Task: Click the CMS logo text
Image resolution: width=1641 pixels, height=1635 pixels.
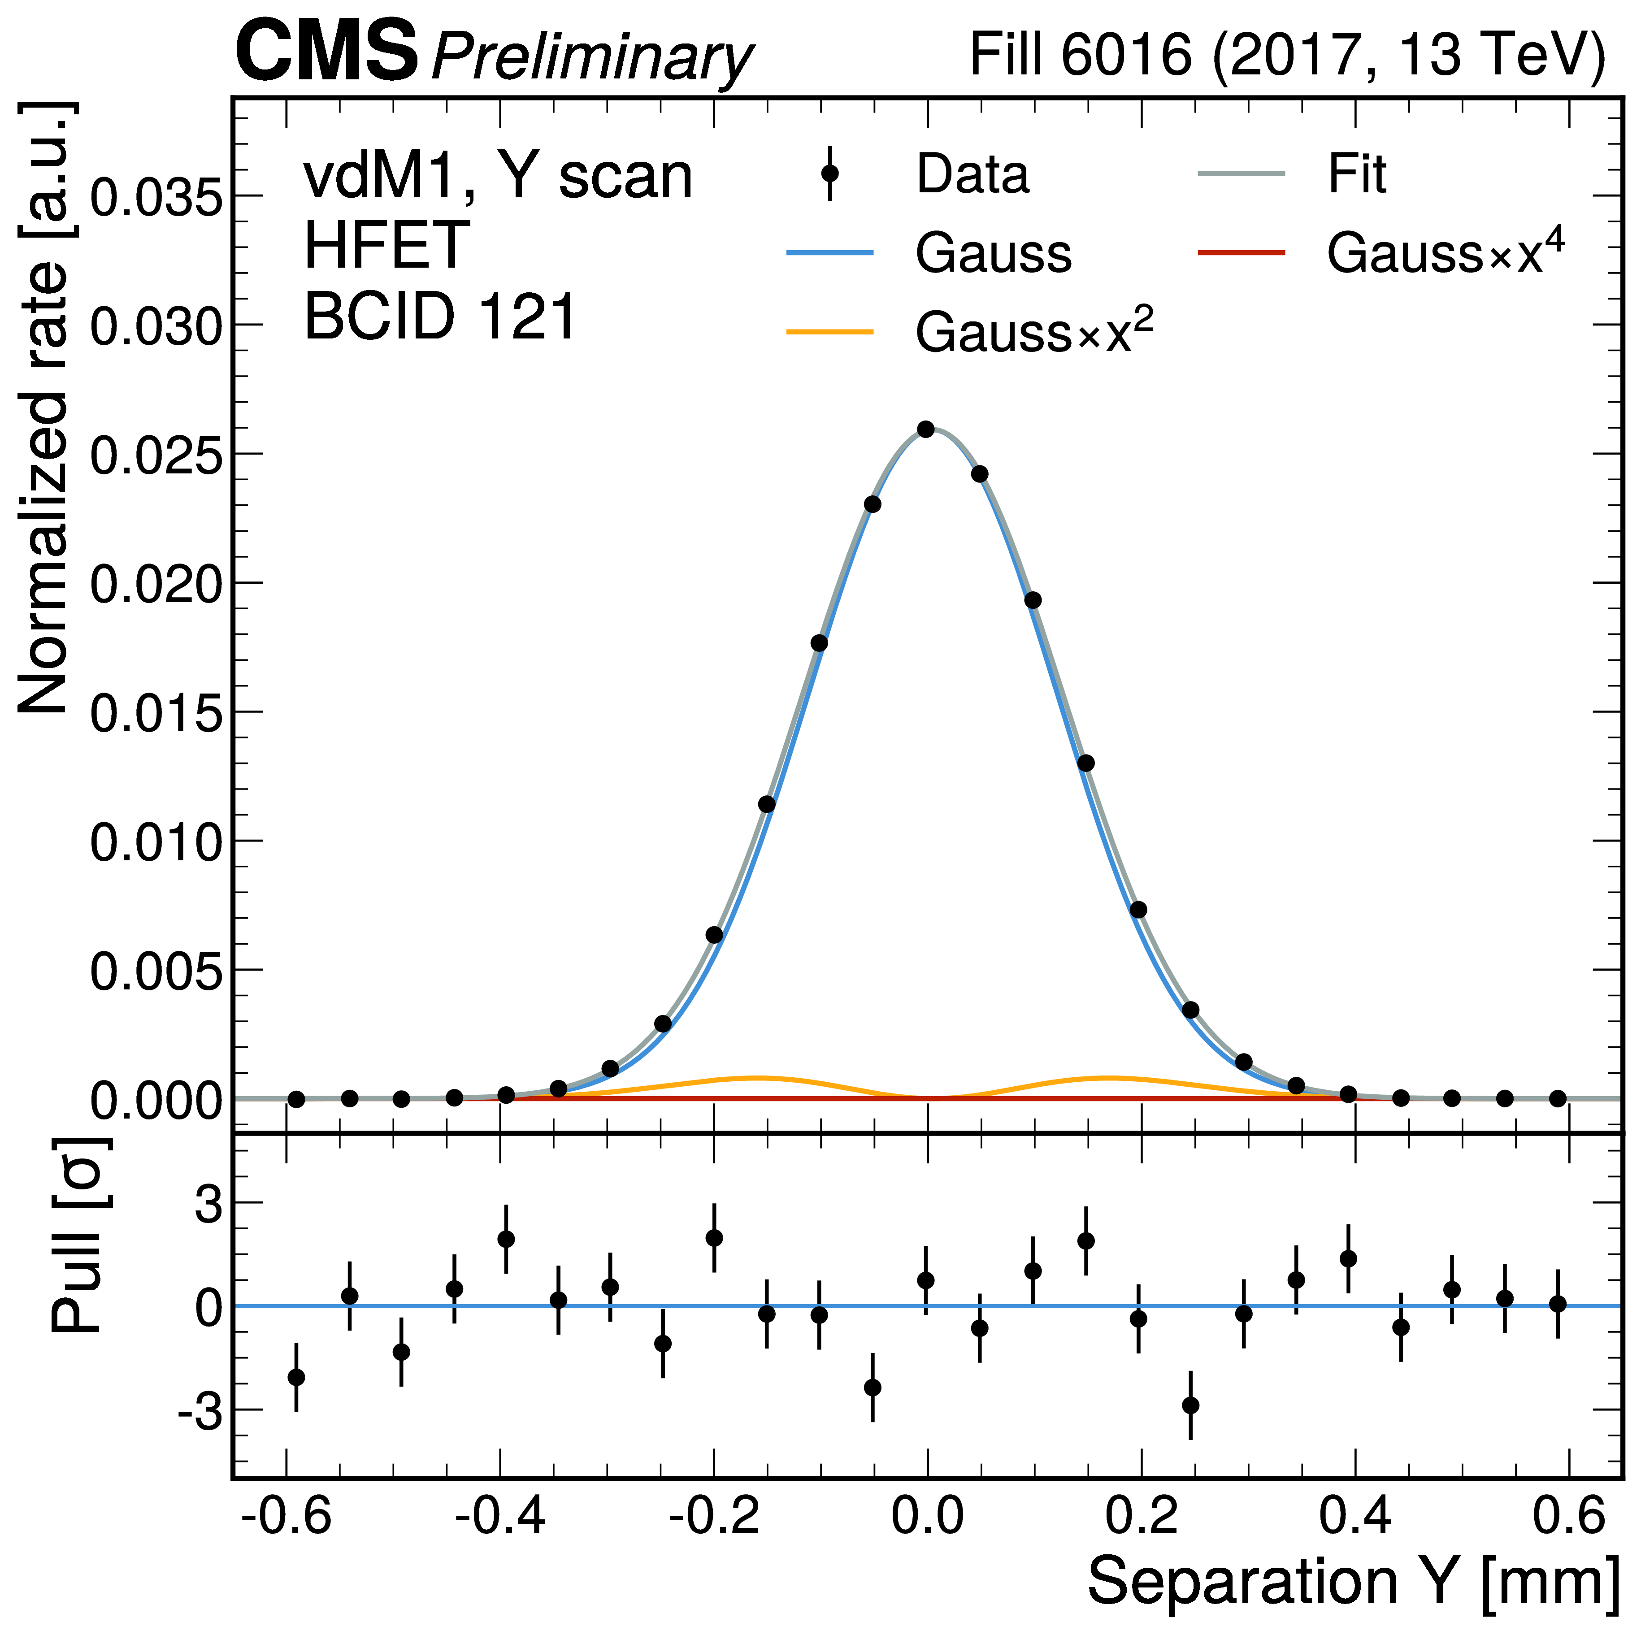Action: click(327, 52)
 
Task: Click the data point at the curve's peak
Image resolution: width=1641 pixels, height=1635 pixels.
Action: click(926, 430)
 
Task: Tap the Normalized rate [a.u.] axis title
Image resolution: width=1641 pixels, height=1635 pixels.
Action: click(43, 408)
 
